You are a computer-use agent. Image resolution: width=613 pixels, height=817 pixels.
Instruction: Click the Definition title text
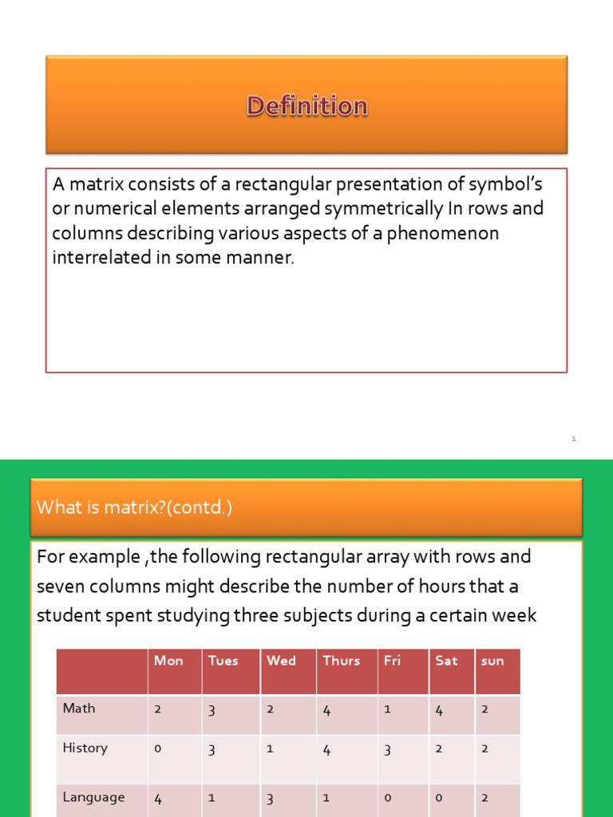pyautogui.click(x=306, y=106)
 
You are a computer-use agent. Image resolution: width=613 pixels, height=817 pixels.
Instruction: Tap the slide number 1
pyautogui.click(x=573, y=439)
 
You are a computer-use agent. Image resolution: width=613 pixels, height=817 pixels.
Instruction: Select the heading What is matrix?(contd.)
pyautogui.click(x=135, y=507)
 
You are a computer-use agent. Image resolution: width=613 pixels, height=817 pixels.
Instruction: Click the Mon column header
pyautogui.click(x=168, y=661)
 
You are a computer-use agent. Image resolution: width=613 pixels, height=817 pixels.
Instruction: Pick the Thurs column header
pyautogui.click(x=341, y=661)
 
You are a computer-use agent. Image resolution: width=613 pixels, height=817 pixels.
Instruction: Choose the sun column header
pyautogui.click(x=492, y=661)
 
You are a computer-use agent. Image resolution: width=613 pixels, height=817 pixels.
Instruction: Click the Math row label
pyautogui.click(x=79, y=708)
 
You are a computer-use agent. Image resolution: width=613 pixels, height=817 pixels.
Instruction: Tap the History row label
pyautogui.click(x=85, y=748)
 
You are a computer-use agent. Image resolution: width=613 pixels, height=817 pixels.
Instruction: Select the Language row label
pyautogui.click(x=94, y=797)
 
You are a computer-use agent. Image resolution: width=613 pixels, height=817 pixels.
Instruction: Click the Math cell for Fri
pyautogui.click(x=387, y=708)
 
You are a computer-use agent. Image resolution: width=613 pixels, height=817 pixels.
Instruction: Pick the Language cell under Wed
pyautogui.click(x=270, y=798)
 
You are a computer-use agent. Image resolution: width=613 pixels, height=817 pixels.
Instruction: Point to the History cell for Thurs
pyautogui.click(x=326, y=749)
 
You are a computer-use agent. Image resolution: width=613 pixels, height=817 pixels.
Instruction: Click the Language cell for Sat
pyautogui.click(x=438, y=798)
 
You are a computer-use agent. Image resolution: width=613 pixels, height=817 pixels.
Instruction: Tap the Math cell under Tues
pyautogui.click(x=212, y=709)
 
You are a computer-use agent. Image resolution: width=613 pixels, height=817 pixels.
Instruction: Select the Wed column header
pyautogui.click(x=281, y=661)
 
